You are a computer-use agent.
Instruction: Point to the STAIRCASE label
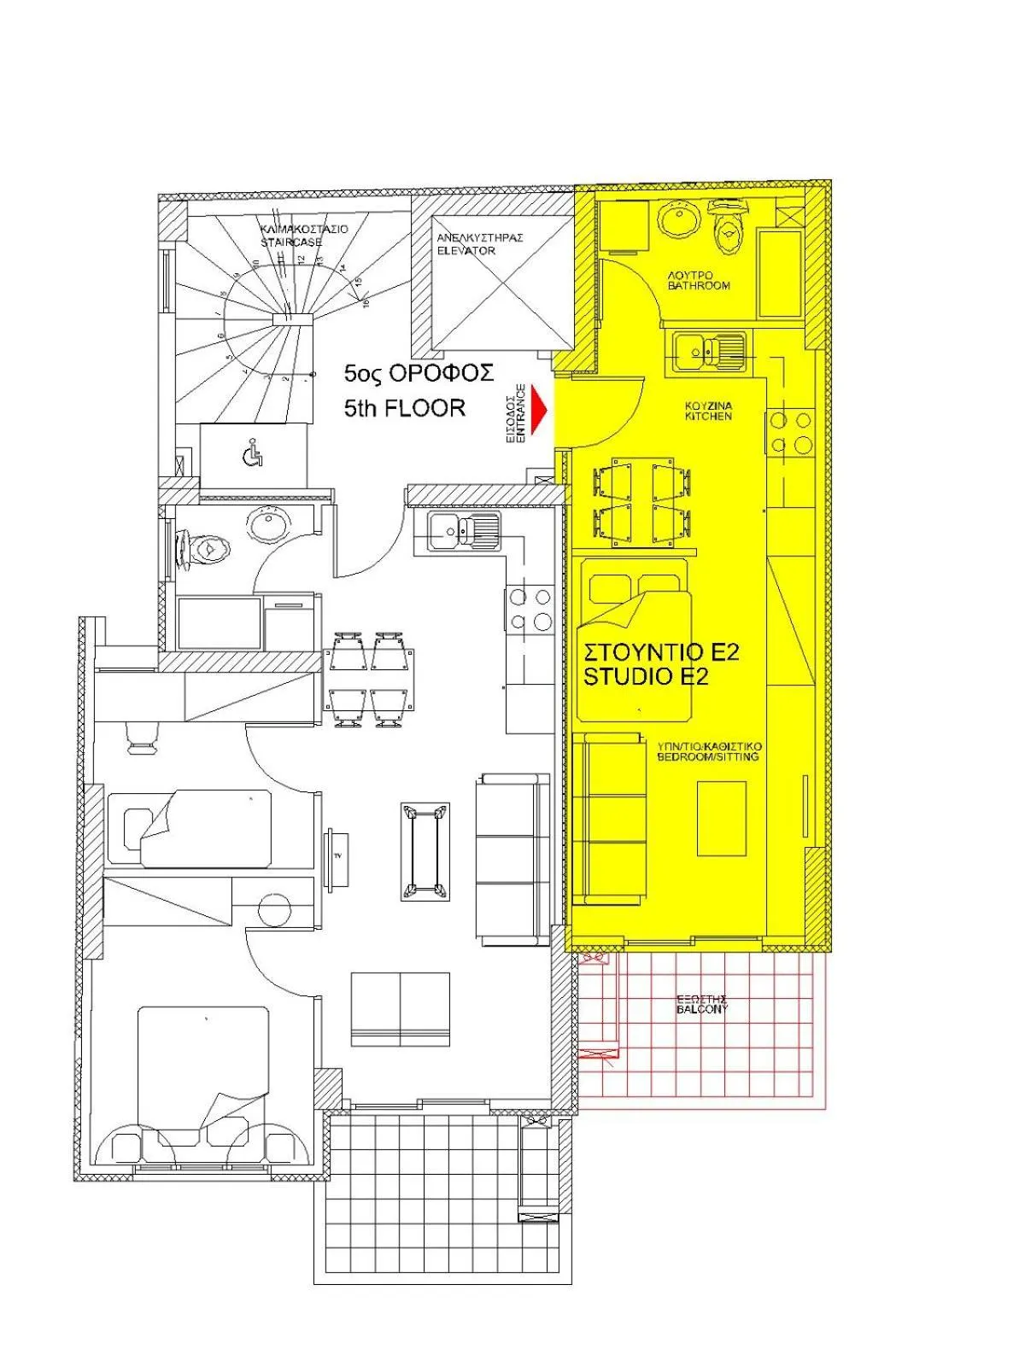coord(292,242)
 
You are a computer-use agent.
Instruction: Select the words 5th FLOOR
coord(405,408)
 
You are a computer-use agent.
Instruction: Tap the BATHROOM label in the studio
coord(700,285)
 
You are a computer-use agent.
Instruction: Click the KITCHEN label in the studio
coord(708,417)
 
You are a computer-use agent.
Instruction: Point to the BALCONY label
coord(701,1009)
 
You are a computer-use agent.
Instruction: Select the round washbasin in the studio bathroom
coord(681,220)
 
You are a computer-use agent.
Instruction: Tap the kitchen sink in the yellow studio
coord(708,350)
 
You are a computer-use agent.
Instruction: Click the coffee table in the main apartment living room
coord(425,851)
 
